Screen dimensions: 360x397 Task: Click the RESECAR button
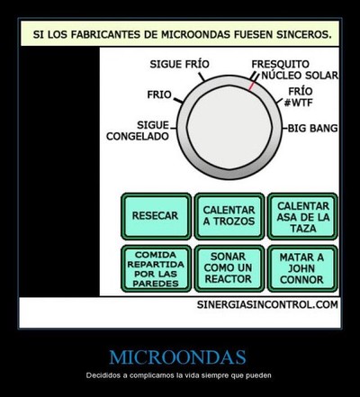tap(156, 216)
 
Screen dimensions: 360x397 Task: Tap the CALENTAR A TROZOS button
tap(229, 216)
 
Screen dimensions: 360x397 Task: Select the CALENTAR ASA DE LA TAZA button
tap(302, 216)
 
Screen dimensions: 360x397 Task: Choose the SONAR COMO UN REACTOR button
tap(229, 268)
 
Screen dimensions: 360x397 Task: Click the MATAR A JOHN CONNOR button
tap(302, 268)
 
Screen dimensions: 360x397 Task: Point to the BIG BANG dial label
tap(313, 128)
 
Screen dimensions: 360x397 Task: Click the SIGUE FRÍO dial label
tap(179, 64)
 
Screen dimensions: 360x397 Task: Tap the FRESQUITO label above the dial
tap(280, 64)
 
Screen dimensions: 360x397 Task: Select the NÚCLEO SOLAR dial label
tap(300, 76)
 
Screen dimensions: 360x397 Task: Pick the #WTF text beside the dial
tap(298, 103)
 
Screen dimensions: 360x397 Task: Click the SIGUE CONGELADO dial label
tap(138, 131)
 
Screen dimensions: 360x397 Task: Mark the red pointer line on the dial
tap(251, 86)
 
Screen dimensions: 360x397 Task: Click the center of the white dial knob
tap(229, 128)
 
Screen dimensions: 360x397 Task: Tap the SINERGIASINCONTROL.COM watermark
tap(267, 304)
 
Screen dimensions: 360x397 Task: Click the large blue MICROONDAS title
tap(177, 357)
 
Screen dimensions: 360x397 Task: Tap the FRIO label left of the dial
tap(159, 95)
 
